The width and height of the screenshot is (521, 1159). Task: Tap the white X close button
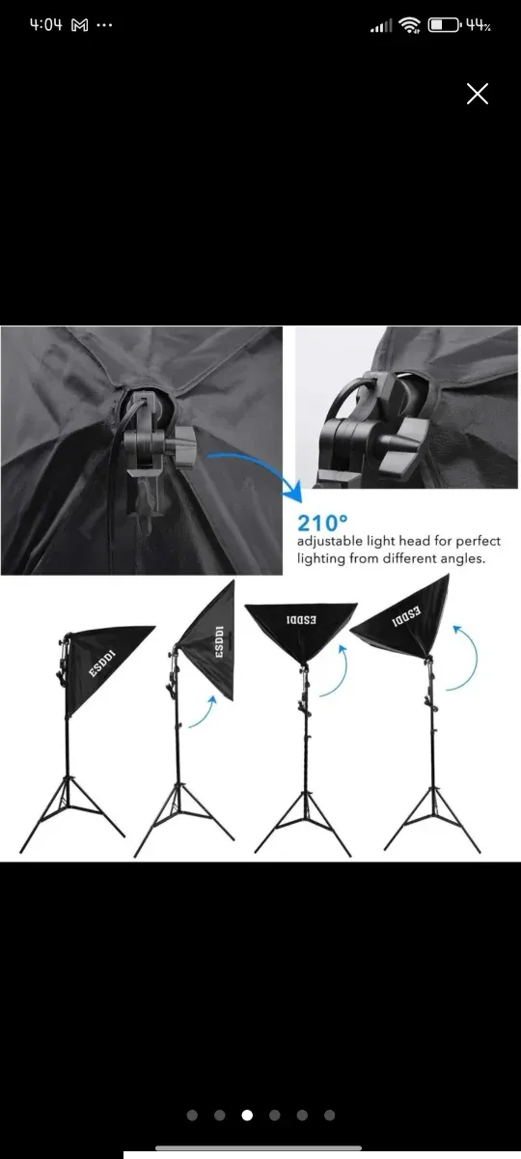[x=477, y=94]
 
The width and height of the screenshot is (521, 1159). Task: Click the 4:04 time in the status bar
[x=45, y=25]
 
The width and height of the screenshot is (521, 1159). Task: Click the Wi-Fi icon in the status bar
[x=411, y=25]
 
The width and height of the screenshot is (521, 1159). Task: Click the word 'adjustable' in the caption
[x=330, y=541]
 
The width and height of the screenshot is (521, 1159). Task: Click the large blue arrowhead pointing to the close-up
[x=292, y=492]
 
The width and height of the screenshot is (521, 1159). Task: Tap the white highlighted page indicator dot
[x=247, y=1115]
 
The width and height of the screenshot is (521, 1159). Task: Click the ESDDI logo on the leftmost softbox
[x=102, y=664]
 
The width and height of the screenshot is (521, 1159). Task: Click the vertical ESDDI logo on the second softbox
[x=219, y=642]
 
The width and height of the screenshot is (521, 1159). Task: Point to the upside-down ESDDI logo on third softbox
[x=301, y=619]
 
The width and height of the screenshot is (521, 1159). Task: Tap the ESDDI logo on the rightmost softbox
[x=406, y=616]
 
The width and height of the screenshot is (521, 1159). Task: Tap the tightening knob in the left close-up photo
[x=184, y=444]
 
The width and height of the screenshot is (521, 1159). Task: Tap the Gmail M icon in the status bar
[x=79, y=25]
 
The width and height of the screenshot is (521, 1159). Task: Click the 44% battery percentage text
[x=479, y=25]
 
